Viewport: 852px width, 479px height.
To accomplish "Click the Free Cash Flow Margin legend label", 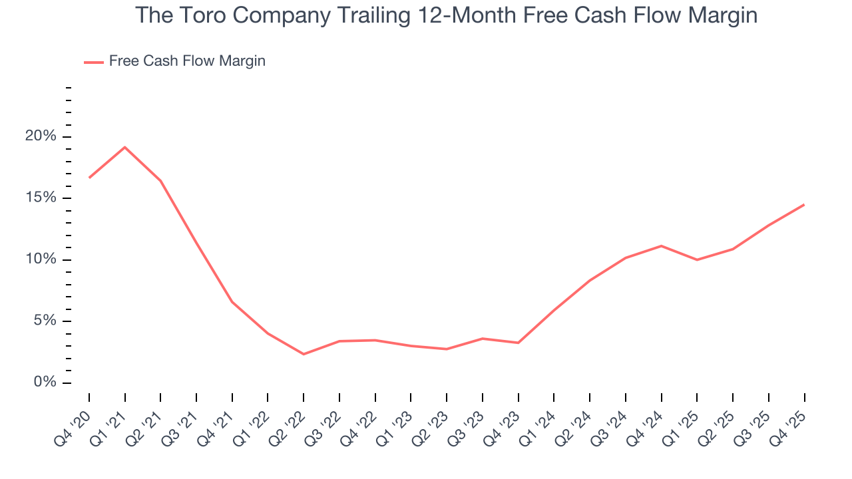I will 187,61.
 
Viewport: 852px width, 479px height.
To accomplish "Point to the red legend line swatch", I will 94,62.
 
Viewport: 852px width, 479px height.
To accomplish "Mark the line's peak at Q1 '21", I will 125,147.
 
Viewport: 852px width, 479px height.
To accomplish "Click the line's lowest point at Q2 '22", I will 304,354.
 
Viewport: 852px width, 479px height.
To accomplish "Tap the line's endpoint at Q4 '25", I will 804,204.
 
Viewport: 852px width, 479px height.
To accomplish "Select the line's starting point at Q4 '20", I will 89,178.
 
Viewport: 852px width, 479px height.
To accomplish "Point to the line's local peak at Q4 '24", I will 661,246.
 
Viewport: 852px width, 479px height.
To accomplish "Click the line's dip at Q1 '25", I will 697,259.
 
